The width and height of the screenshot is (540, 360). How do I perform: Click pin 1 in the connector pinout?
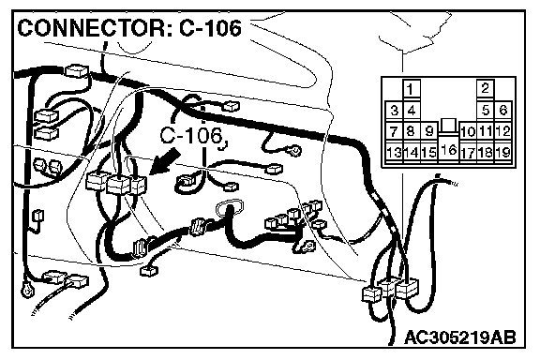pos(411,89)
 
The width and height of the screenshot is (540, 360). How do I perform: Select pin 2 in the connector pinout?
pos(486,88)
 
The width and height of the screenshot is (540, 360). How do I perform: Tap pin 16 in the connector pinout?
pos(448,149)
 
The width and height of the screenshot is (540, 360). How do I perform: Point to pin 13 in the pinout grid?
pos(394,152)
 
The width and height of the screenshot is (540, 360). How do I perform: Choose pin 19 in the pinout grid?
pos(503,152)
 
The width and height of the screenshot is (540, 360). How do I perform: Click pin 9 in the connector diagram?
pos(428,131)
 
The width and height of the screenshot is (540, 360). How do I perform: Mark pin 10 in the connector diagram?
pos(468,131)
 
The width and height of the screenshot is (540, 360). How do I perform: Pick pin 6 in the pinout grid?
pos(503,111)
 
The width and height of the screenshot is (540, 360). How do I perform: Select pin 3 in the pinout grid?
pos(394,111)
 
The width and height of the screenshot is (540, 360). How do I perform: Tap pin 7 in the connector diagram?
pos(394,131)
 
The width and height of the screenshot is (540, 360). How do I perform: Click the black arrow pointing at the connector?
pos(165,161)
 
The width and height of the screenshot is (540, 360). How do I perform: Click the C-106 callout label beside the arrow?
pos(191,136)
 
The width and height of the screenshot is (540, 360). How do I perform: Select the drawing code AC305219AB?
pos(460,337)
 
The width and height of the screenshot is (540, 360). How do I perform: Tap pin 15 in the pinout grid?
pos(428,152)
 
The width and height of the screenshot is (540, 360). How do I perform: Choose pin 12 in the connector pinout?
pos(503,131)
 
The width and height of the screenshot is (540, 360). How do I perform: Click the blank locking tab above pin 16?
pos(448,126)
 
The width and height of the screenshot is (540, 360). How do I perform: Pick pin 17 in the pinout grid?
pos(468,153)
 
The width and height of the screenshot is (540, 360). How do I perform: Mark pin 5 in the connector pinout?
pos(486,111)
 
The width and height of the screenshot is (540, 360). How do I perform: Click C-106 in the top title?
pos(210,28)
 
